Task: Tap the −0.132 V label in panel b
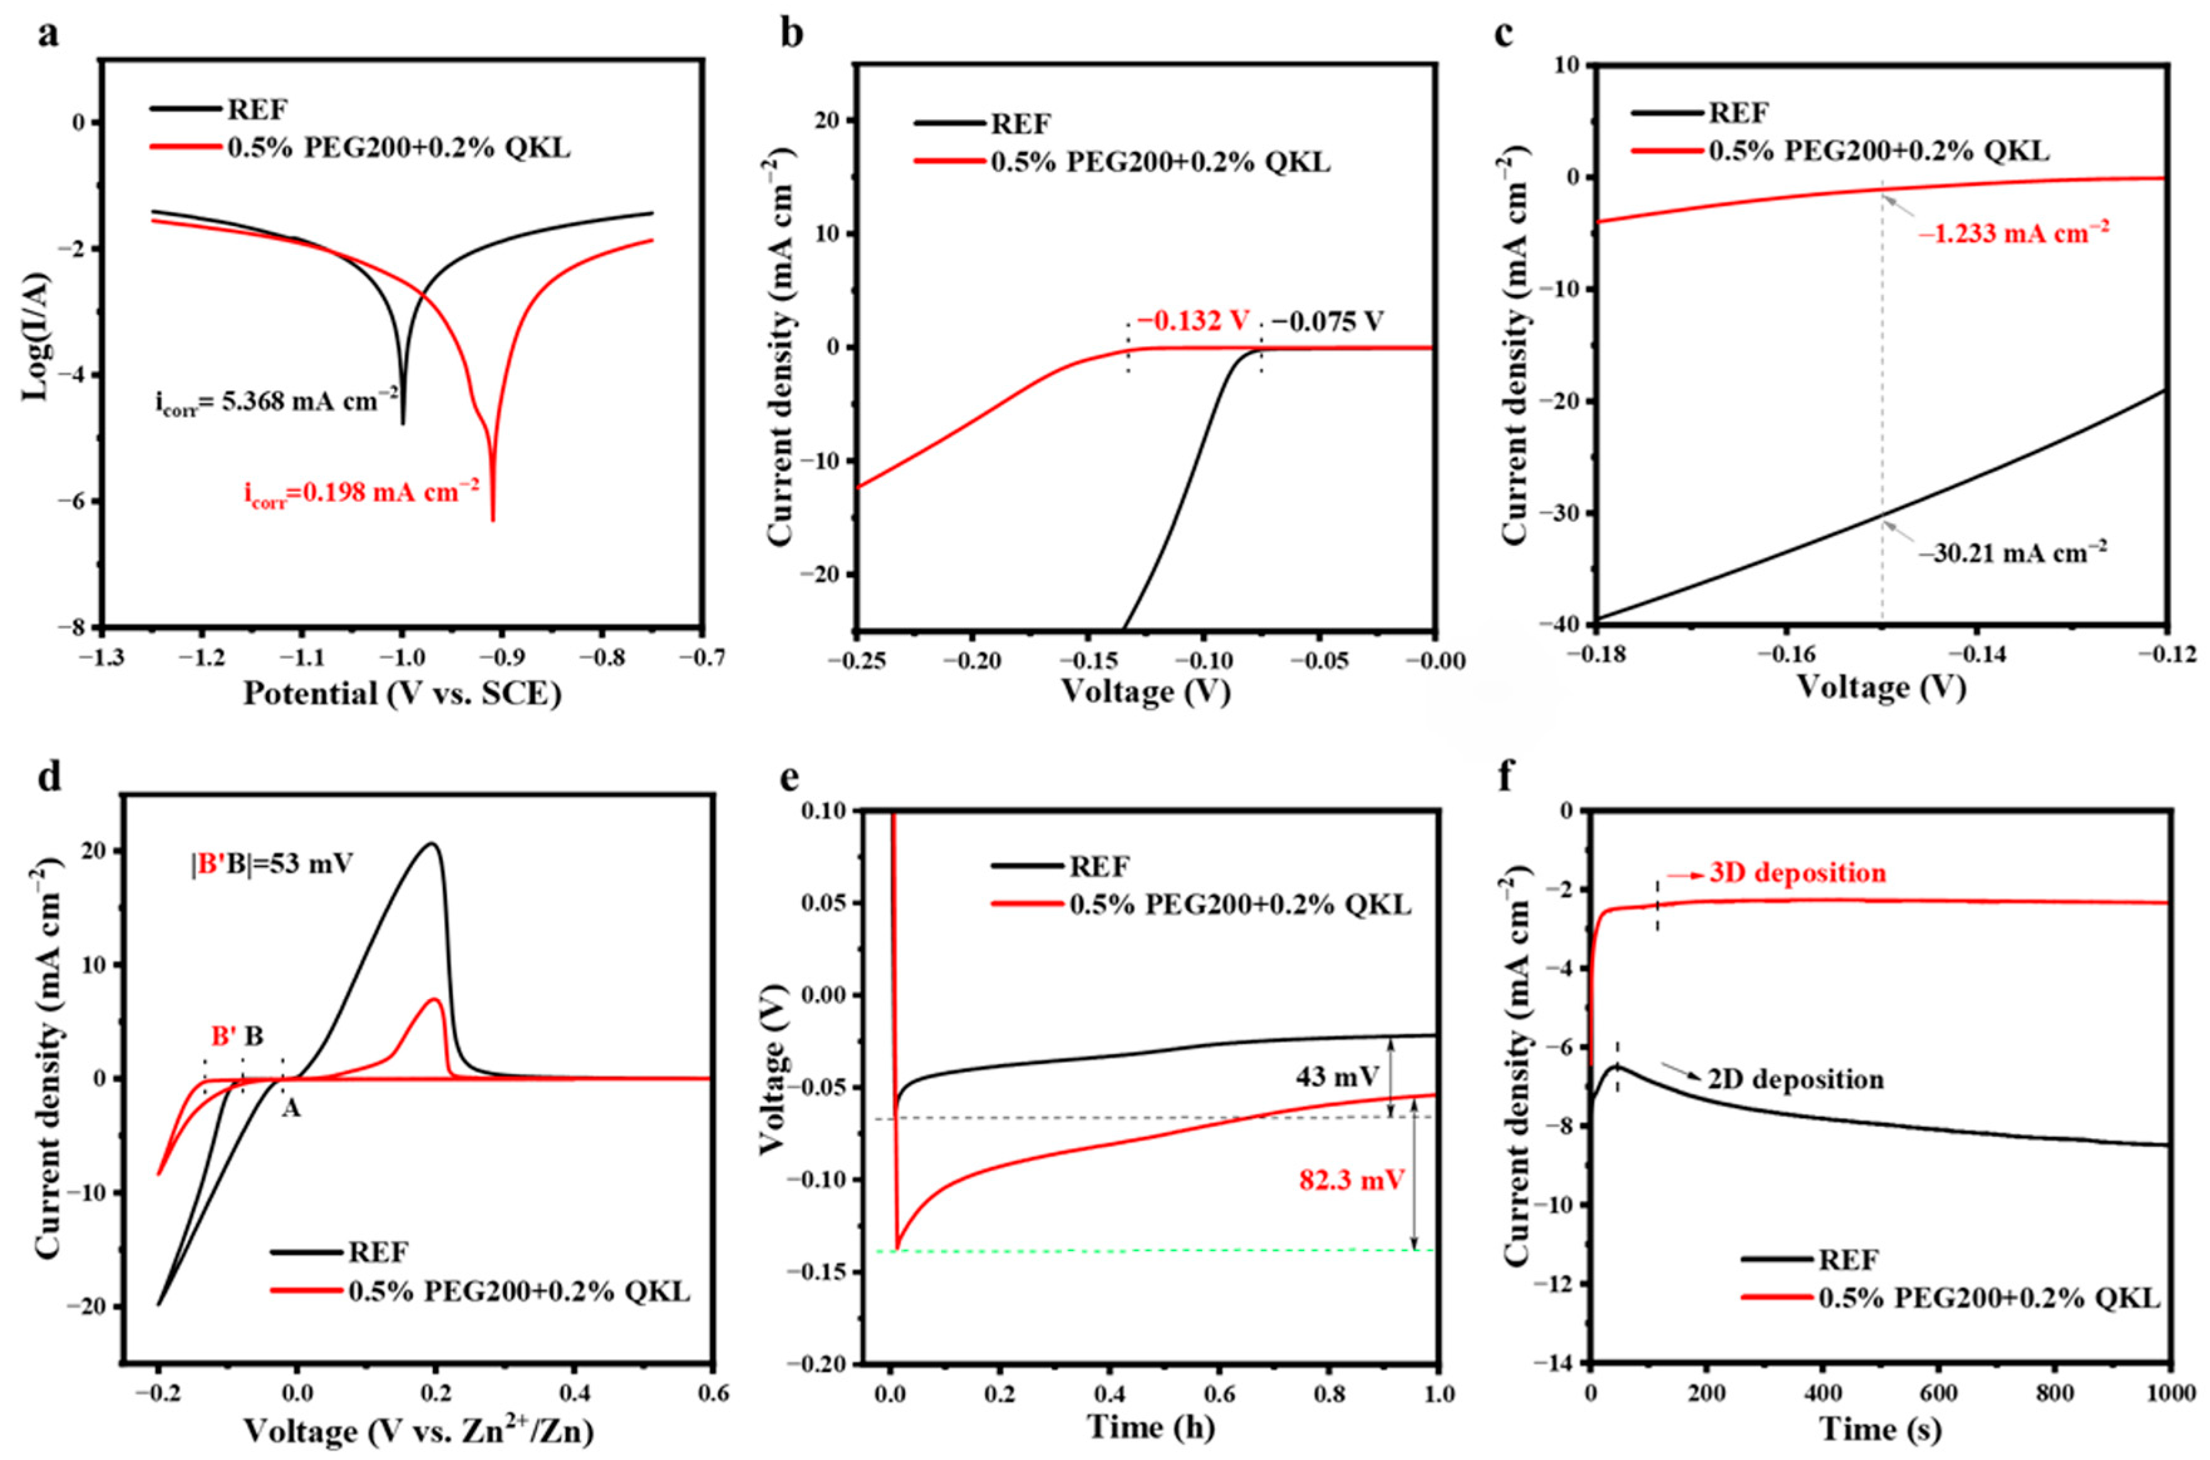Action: [x=1192, y=322]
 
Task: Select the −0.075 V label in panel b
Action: [x=1327, y=322]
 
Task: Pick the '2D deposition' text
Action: [x=1795, y=1079]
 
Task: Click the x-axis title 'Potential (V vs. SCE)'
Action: [x=402, y=694]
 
